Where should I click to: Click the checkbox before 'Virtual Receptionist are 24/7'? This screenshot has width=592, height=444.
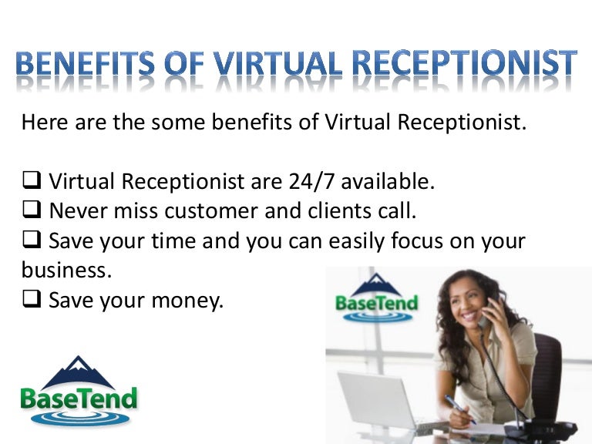(x=32, y=183)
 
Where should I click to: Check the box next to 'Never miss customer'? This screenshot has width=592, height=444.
(x=32, y=211)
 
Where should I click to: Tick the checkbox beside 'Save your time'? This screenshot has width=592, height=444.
(x=32, y=241)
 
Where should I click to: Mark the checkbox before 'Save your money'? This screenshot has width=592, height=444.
(x=32, y=301)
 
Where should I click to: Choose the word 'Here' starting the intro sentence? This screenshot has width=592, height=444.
(x=44, y=122)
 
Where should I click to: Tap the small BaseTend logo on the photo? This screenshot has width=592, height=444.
(x=376, y=298)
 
